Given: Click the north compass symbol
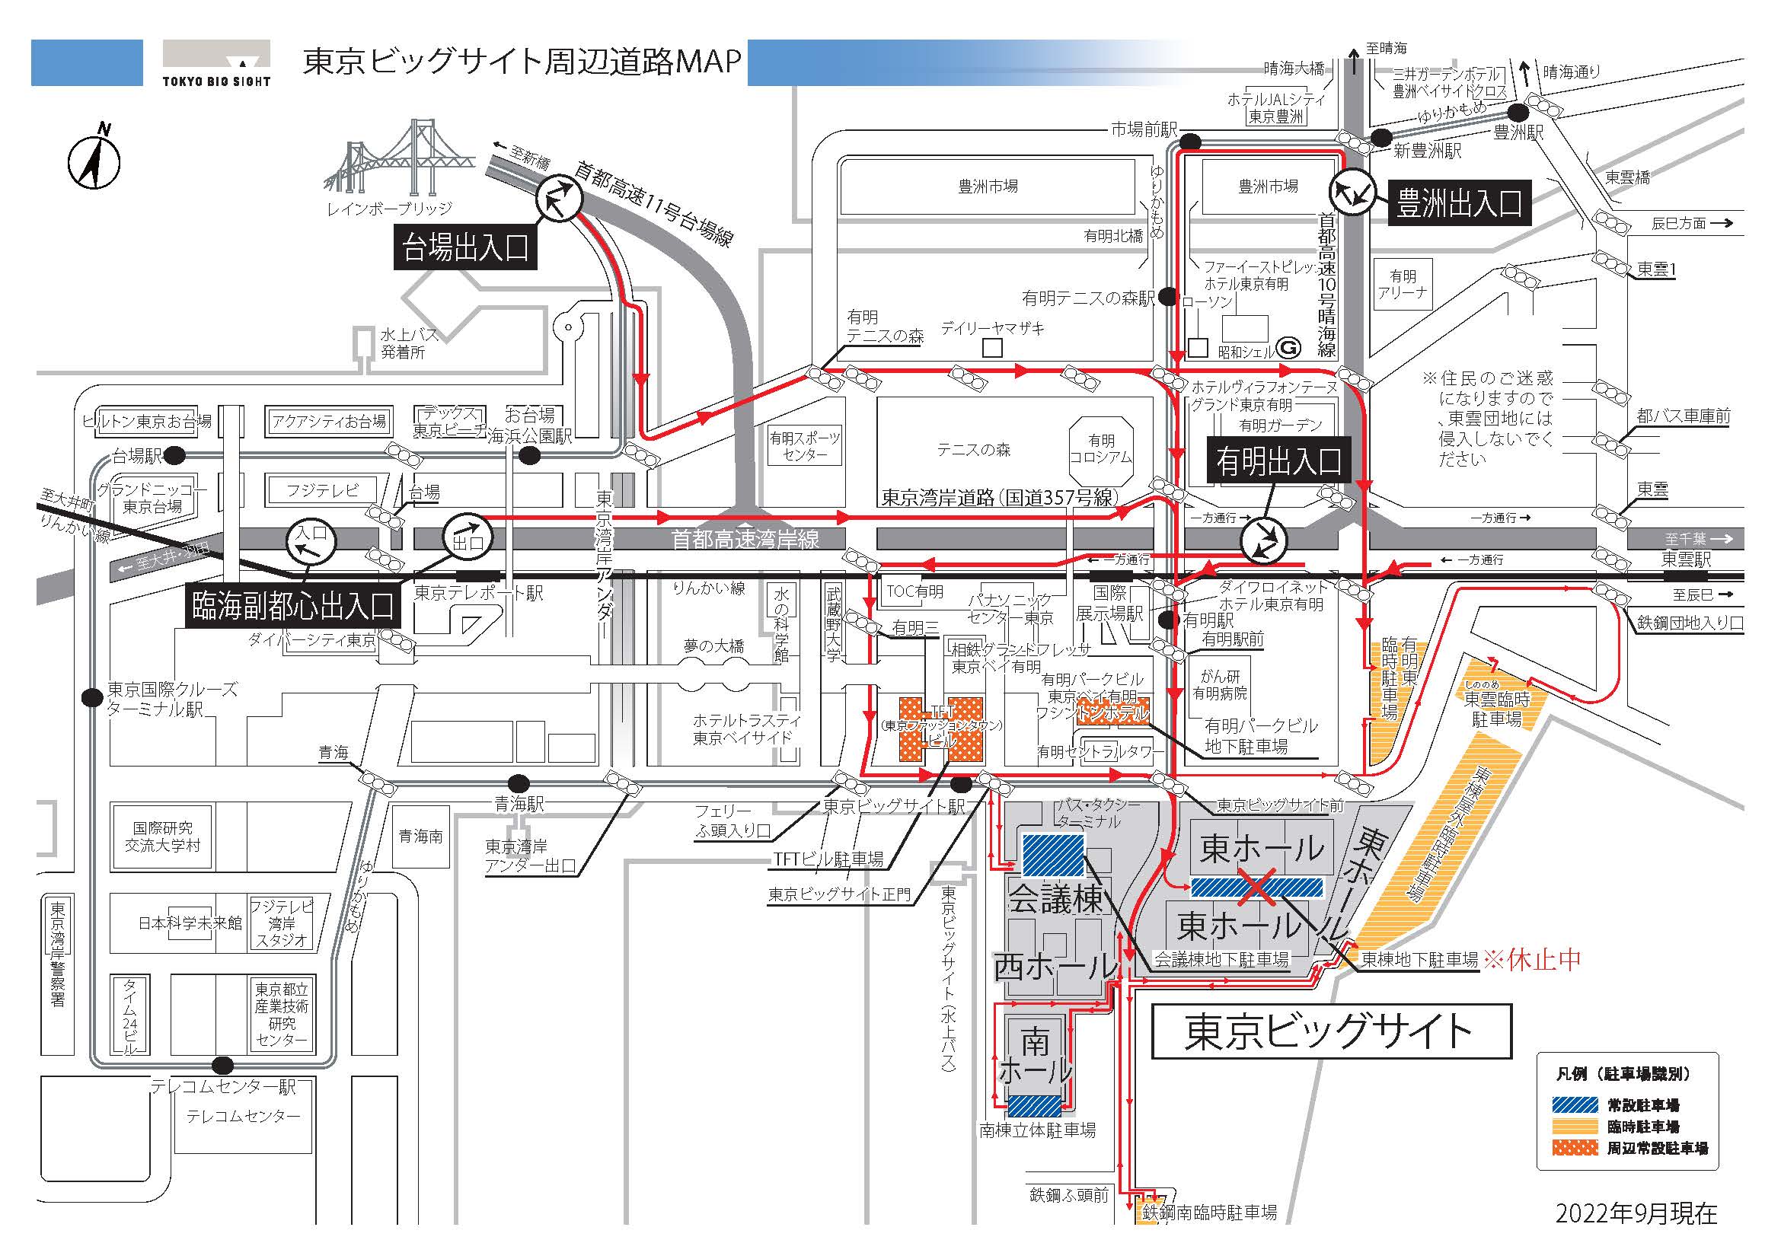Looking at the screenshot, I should [x=94, y=161].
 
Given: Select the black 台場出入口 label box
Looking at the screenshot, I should [x=465, y=247].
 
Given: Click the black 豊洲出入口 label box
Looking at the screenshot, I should [x=1459, y=203].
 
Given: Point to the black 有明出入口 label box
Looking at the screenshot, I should [x=1278, y=461].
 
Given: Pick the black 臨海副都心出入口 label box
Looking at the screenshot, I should [x=293, y=605].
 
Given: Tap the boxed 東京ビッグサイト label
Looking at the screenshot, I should [x=1331, y=1031].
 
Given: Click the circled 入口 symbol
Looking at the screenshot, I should [x=312, y=540].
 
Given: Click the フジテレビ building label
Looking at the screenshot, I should [x=323, y=490].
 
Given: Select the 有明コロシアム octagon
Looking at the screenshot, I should [x=1101, y=449].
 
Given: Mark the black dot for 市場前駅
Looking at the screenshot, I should [x=1190, y=141].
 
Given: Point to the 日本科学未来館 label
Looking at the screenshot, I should [x=190, y=923].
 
